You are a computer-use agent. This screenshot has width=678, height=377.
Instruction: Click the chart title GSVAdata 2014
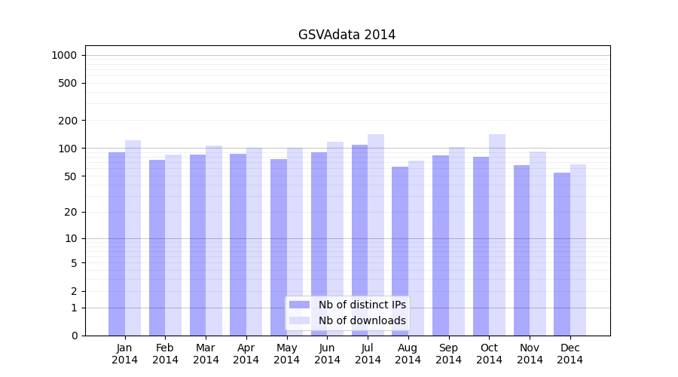(347, 35)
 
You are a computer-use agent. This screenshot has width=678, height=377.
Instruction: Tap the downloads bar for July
(376, 234)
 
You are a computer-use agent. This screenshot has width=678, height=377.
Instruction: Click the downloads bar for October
(497, 234)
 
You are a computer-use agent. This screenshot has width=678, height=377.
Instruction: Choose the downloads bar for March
(214, 241)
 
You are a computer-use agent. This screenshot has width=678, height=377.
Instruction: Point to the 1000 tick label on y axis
(64, 55)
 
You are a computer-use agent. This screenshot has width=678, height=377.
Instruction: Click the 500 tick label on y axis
(69, 83)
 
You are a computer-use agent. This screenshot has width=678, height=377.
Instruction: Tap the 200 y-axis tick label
(69, 121)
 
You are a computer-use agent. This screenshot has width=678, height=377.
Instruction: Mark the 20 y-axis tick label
(71, 212)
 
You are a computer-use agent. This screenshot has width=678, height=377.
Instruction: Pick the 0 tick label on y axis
(74, 336)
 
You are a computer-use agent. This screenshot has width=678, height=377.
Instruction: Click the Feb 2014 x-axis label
(165, 354)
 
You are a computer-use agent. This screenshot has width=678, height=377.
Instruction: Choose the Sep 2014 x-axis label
(448, 354)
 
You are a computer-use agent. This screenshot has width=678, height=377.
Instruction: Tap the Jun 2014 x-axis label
(327, 354)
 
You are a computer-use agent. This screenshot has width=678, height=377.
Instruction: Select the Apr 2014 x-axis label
(246, 354)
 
